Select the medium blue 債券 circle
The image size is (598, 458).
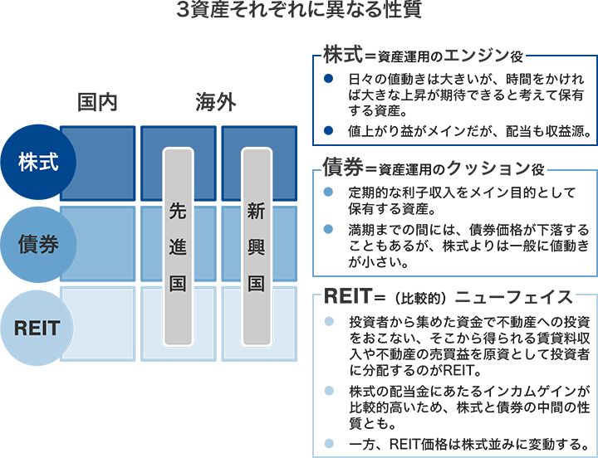[37, 245]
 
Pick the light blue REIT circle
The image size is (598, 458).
[37, 327]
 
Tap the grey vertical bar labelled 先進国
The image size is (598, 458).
[177, 246]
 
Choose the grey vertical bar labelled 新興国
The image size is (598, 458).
[257, 246]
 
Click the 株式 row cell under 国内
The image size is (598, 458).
[98, 163]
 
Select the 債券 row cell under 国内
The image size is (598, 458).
[98, 244]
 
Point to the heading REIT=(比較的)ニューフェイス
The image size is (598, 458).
[448, 296]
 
